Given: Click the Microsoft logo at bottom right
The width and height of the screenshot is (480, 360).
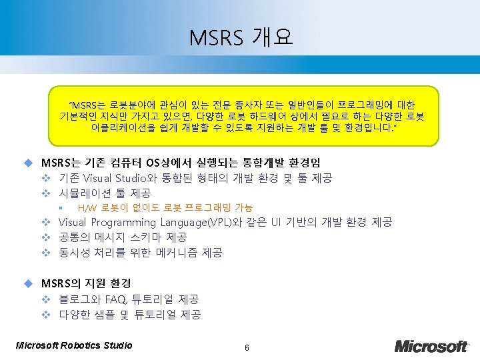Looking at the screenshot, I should (x=431, y=346).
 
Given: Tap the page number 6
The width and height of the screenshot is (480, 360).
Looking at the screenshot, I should (x=247, y=348).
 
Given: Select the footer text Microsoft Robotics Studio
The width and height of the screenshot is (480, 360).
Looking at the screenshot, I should (x=73, y=345).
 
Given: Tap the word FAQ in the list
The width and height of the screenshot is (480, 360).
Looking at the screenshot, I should (x=117, y=299).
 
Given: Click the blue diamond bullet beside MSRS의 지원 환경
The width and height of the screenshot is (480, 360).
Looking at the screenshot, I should (x=28, y=283).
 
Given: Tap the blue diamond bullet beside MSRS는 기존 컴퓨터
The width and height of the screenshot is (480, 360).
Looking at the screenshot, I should (x=28, y=163).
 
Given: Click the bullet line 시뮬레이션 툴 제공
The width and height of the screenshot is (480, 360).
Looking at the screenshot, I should (x=104, y=193).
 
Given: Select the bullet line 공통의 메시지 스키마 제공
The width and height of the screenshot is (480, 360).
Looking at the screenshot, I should (x=123, y=237).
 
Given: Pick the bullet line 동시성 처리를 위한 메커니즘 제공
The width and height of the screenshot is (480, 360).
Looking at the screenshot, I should (x=140, y=253).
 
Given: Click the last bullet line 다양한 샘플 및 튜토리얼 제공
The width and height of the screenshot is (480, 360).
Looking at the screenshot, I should (x=129, y=315).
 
